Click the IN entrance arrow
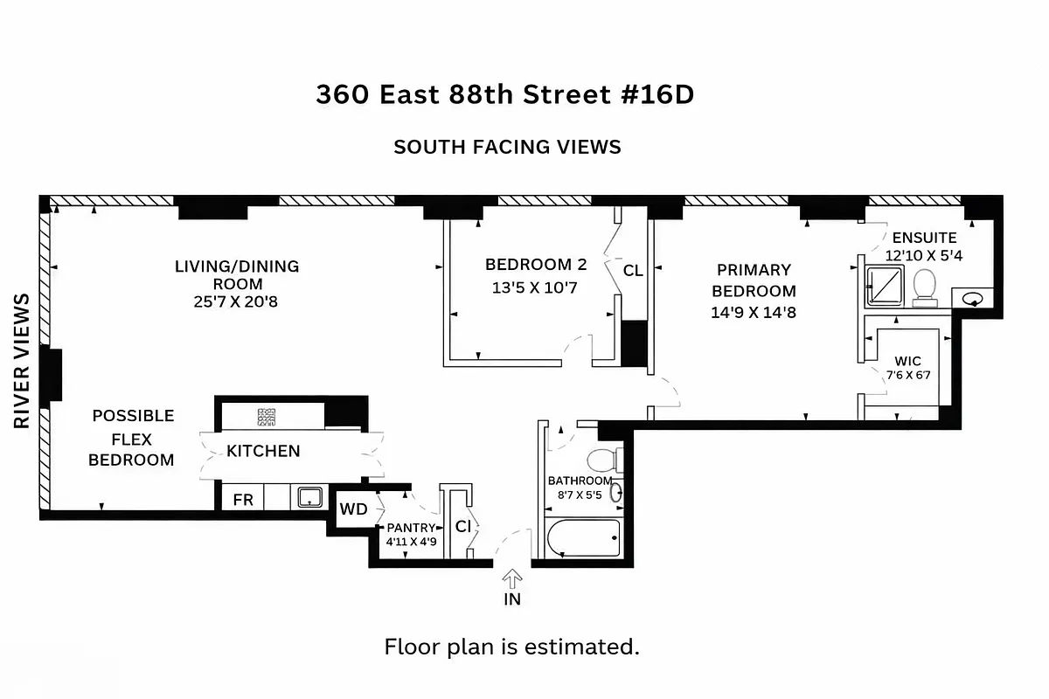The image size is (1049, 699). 512,578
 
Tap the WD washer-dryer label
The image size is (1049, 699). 353,509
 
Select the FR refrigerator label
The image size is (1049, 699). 243,501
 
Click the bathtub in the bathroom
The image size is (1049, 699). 582,537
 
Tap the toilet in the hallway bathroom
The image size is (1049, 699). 602,459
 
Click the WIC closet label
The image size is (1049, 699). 907,361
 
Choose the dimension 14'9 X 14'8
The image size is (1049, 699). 754,312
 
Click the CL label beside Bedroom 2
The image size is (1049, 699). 633,271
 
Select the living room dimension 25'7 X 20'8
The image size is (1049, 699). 237,302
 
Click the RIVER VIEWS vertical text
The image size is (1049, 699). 22,361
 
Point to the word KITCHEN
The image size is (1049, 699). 263,451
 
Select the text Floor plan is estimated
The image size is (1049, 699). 512,647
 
